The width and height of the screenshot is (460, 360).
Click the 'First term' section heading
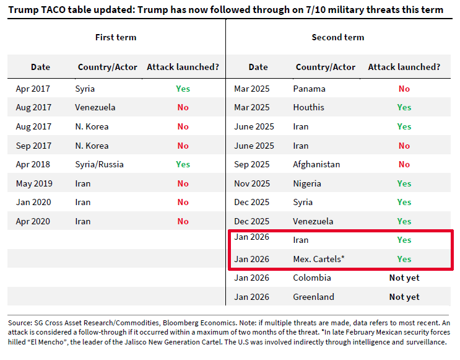116,37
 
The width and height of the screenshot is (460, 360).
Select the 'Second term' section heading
338,37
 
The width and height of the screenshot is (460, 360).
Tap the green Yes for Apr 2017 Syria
183,89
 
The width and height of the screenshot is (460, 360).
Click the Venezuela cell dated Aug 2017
95,107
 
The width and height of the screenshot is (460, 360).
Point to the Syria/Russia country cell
100,164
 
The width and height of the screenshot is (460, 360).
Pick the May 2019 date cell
33,183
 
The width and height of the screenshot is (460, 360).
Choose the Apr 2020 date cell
33,221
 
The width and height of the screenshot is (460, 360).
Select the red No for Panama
404,89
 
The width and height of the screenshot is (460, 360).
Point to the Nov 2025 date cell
252,183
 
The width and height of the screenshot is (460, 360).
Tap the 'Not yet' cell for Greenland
404,297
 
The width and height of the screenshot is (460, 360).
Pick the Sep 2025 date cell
252,164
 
